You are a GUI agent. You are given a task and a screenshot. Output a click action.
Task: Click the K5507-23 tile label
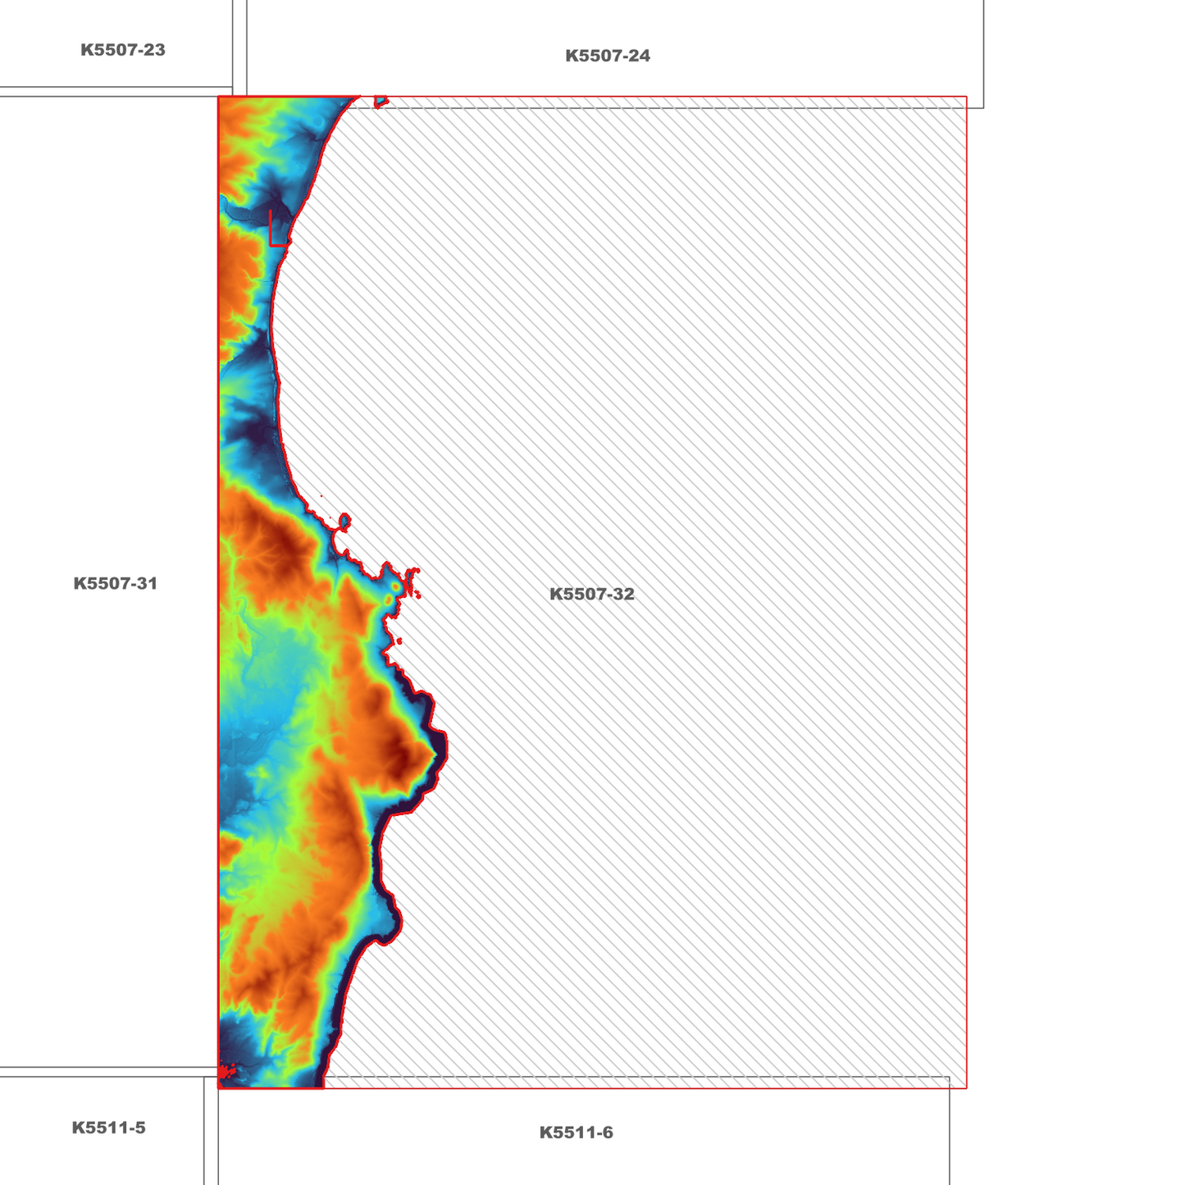pyautogui.click(x=123, y=50)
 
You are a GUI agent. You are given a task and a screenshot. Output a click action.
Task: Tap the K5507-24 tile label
pyautogui.click(x=608, y=56)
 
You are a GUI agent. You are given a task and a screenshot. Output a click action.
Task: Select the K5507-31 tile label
pyautogui.click(x=116, y=584)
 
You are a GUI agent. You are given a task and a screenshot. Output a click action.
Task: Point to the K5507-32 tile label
pyautogui.click(x=592, y=595)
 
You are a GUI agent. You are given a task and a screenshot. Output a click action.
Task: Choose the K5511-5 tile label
pyautogui.click(x=109, y=1128)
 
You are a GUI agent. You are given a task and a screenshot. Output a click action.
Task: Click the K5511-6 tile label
pyautogui.click(x=577, y=1133)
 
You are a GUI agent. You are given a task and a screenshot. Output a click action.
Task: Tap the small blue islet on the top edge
pyautogui.click(x=381, y=102)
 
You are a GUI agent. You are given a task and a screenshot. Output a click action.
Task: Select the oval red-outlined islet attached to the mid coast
pyautogui.click(x=344, y=521)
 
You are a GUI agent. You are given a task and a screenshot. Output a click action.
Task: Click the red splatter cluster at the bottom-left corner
pyautogui.click(x=226, y=1071)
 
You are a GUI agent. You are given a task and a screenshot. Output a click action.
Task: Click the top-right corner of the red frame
pyautogui.click(x=967, y=97)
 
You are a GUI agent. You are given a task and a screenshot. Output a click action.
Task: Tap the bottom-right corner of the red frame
pyautogui.click(x=967, y=1088)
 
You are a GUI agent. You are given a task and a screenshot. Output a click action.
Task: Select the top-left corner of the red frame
pyautogui.click(x=219, y=97)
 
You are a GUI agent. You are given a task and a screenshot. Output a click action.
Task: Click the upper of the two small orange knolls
pyautogui.click(x=397, y=587)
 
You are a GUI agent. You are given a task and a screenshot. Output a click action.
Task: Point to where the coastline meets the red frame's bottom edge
pyautogui.click(x=324, y=1087)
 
